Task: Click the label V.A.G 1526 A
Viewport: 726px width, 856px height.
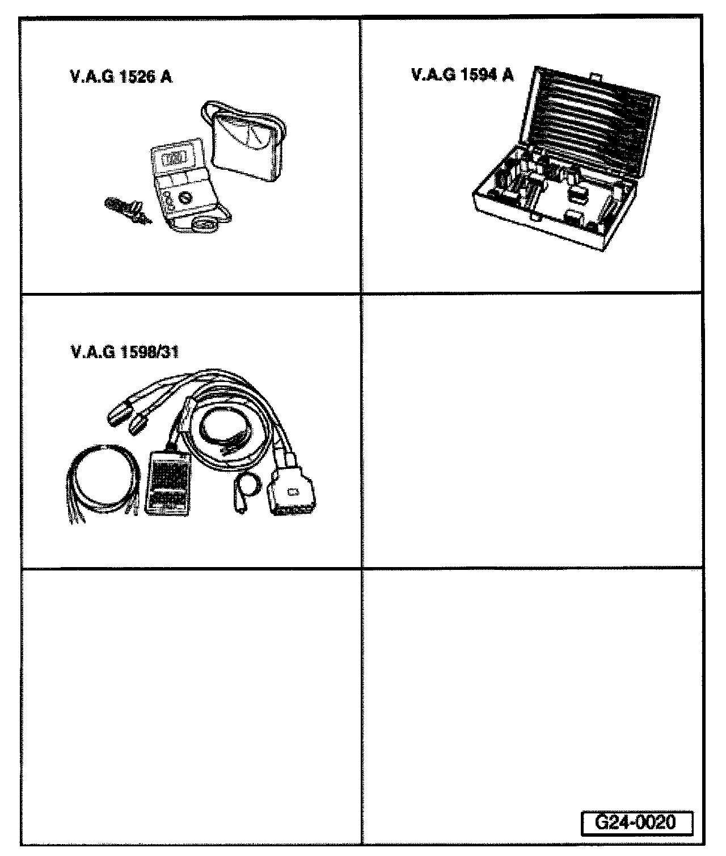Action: (121, 77)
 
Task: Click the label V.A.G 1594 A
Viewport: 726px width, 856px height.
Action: (462, 75)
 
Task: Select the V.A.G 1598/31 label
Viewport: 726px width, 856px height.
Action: (125, 353)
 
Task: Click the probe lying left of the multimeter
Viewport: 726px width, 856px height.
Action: (126, 210)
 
